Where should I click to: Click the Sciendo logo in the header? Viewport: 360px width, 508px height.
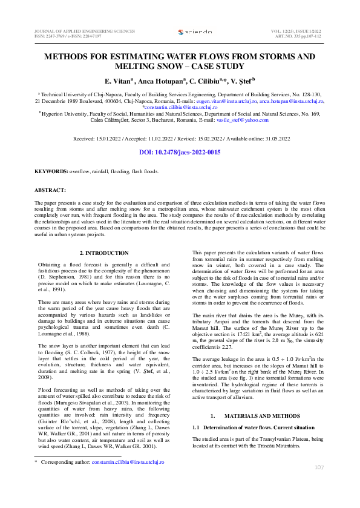click(x=195, y=31)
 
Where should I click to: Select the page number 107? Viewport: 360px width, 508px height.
click(x=319, y=467)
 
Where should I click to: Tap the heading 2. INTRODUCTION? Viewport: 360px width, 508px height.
click(x=104, y=252)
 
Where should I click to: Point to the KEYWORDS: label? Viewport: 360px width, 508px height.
click(x=51, y=172)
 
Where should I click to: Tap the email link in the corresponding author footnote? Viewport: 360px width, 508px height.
click(x=125, y=462)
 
